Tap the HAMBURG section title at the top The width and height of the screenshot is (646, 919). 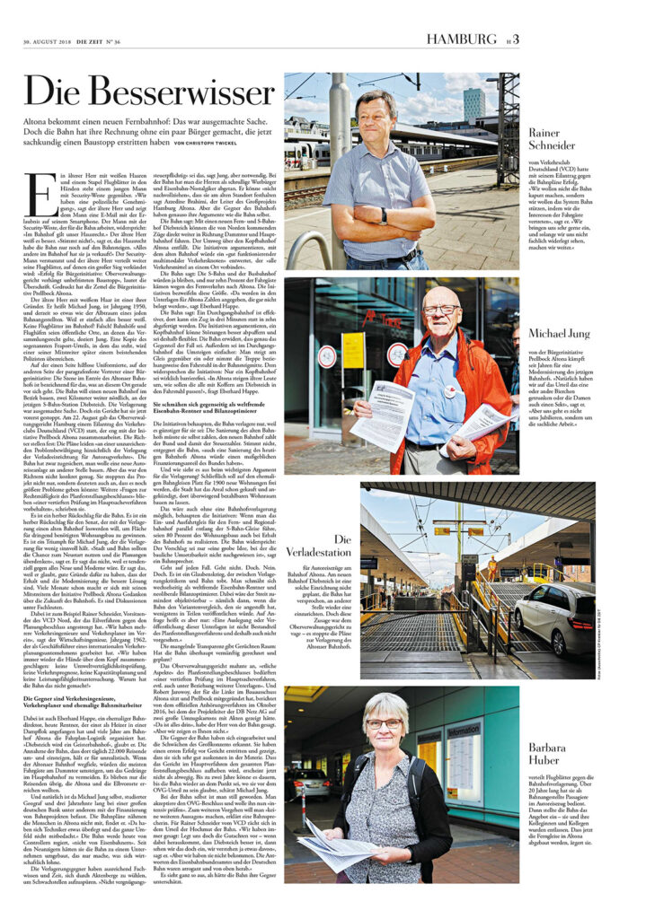461,39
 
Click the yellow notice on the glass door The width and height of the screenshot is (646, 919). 352,350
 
